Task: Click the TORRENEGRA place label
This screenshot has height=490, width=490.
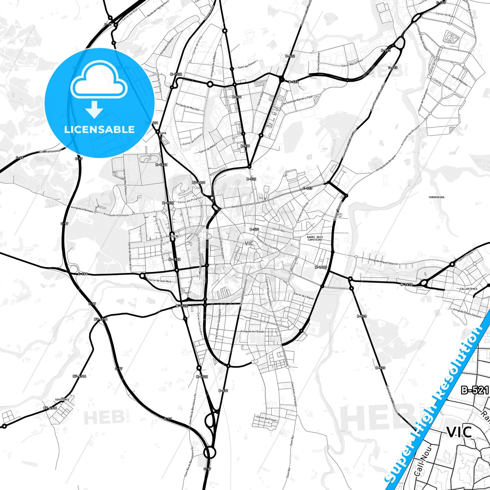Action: (x=436, y=197)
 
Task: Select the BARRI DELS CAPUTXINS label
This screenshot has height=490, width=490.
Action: (x=315, y=238)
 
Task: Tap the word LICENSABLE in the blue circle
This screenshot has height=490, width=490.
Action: (x=99, y=129)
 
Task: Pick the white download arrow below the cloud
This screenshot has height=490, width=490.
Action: (x=94, y=109)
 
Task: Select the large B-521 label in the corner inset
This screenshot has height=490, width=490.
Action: (x=475, y=390)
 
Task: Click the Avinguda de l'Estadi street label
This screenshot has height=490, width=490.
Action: (x=252, y=331)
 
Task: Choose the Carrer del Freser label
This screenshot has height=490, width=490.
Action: (x=267, y=418)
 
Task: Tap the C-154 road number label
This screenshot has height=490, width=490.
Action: (x=82, y=274)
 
